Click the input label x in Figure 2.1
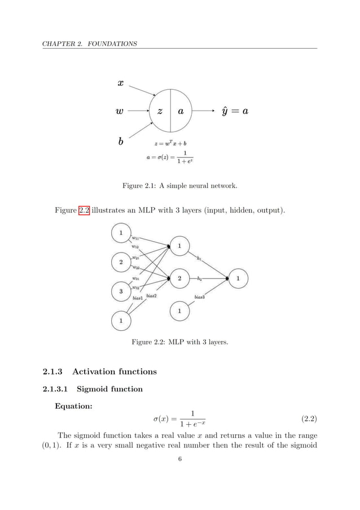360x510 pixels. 120,82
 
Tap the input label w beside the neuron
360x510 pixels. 119,112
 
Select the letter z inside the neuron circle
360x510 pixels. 160,112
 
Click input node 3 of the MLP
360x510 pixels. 120,291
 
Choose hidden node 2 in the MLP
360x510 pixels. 179,278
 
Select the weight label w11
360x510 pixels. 135,237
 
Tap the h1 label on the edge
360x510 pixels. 199,259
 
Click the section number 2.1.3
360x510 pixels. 54,371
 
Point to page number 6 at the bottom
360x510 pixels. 179,459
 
